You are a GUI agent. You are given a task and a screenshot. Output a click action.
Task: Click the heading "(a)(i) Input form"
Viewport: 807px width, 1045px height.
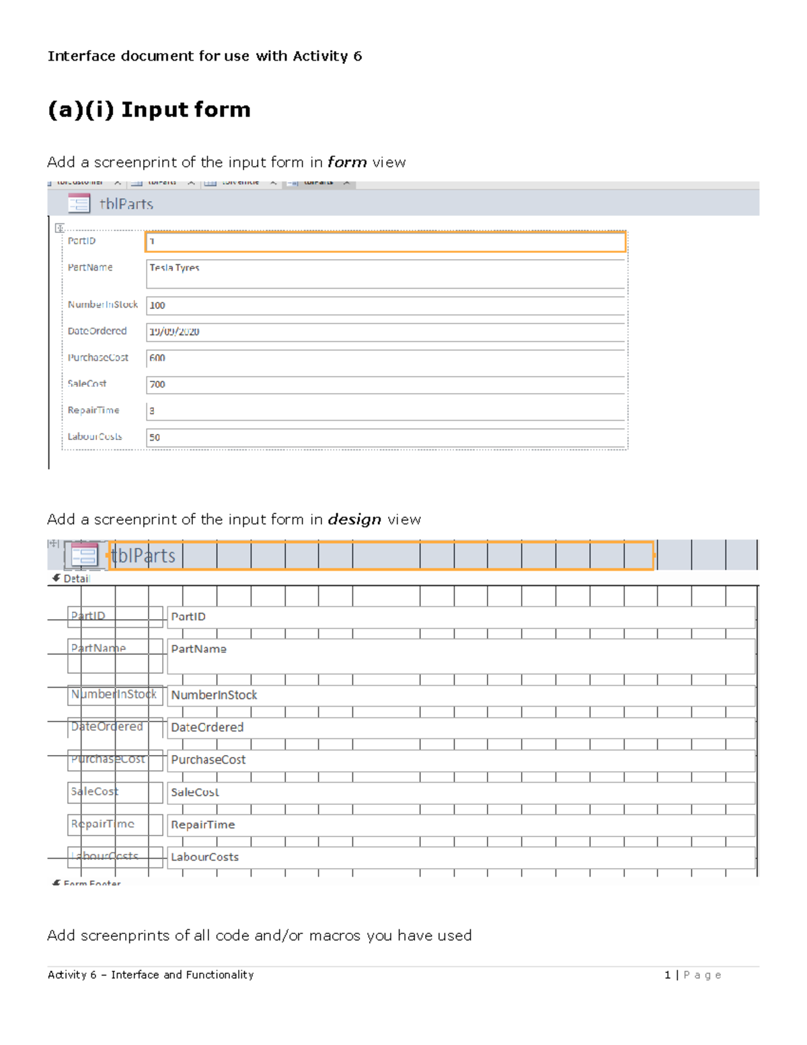[149, 110]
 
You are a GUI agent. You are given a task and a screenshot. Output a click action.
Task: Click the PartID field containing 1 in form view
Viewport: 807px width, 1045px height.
[385, 242]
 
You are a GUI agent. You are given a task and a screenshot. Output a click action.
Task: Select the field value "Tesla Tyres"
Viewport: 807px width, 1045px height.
[174, 268]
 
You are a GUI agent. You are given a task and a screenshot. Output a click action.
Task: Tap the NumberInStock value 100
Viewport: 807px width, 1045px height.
[157, 305]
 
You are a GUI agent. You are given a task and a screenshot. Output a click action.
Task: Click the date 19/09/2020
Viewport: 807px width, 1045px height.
[174, 332]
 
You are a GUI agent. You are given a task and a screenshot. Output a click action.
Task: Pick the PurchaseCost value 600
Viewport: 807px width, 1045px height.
[157, 358]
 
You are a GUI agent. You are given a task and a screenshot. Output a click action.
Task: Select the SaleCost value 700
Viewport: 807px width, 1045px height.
[157, 384]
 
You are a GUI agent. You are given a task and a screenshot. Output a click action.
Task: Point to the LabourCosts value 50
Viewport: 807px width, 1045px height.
[155, 437]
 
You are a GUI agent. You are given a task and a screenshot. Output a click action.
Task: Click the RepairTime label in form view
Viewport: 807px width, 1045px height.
[93, 410]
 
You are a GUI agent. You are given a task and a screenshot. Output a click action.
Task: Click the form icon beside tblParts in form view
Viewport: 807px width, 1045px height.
[79, 203]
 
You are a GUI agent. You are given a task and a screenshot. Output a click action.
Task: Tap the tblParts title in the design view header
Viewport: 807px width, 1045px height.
[143, 556]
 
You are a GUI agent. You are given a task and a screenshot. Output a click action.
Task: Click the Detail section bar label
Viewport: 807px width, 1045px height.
[75, 579]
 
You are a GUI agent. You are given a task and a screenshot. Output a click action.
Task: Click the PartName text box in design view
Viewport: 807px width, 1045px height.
[461, 655]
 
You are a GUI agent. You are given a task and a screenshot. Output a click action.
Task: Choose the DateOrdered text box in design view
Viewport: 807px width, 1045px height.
[461, 727]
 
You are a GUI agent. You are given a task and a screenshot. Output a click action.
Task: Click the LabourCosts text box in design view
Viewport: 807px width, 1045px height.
[461, 857]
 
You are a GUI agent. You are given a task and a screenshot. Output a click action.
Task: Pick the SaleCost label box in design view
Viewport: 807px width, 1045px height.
[115, 792]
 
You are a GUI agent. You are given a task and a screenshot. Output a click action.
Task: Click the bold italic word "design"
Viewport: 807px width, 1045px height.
[354, 519]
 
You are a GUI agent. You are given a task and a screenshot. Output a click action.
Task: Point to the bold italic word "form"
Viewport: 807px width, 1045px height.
[347, 162]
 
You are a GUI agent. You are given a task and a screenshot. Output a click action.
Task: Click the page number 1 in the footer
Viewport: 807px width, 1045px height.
[667, 975]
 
